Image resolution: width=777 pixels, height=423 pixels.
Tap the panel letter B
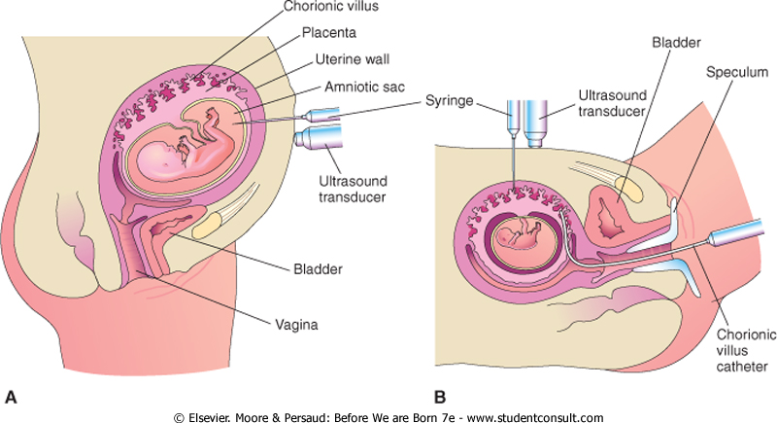[439, 396]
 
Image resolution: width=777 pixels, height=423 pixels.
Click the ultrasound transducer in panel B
[533, 119]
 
